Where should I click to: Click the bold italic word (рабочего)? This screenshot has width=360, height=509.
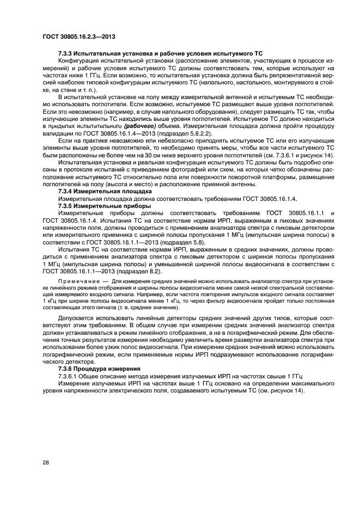tap(141, 125)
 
